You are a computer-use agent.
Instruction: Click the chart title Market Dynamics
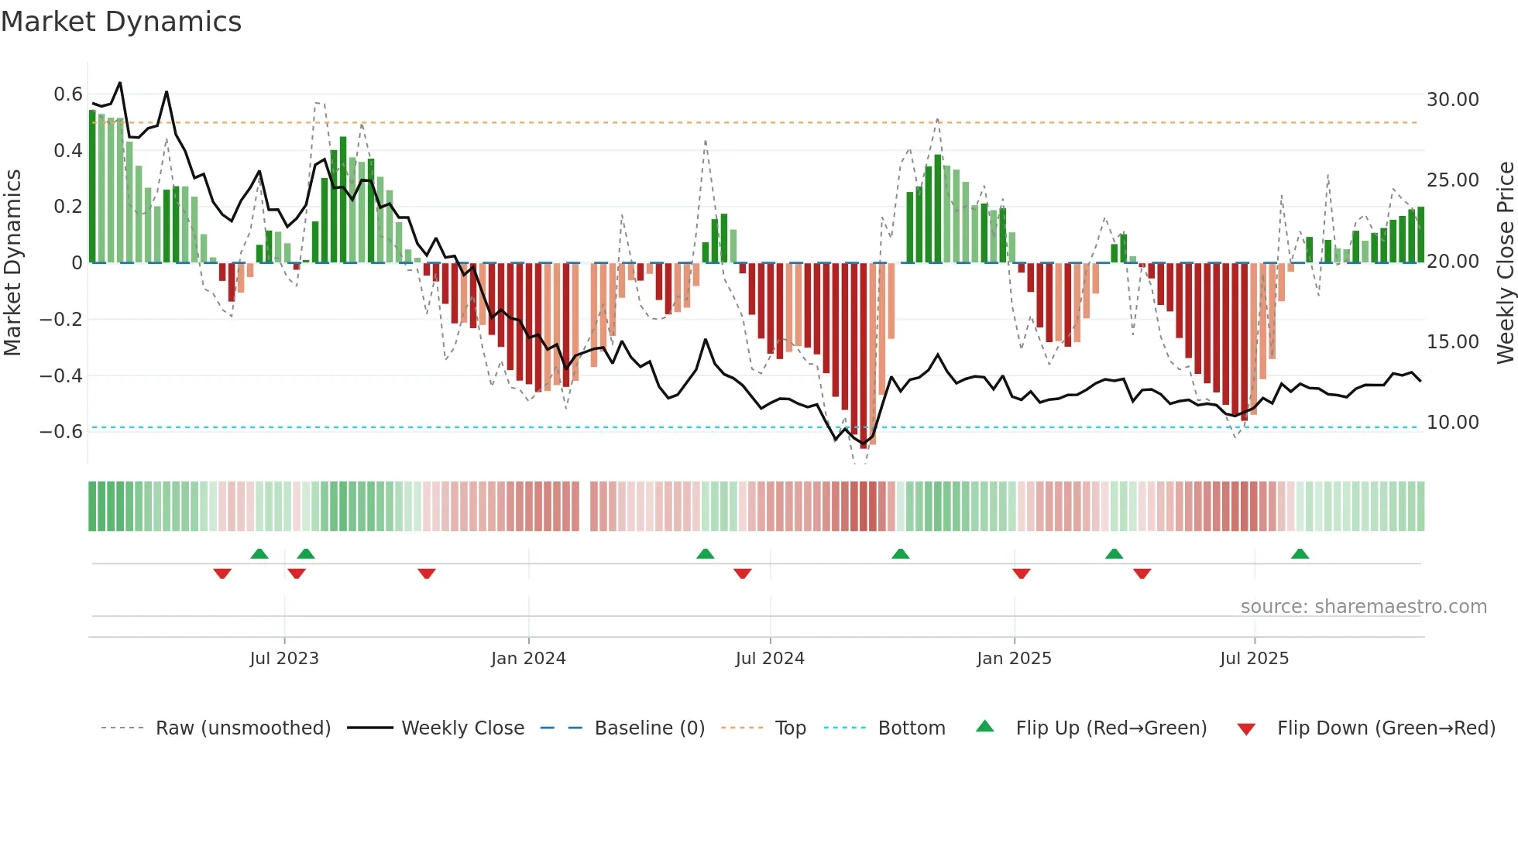[x=122, y=22]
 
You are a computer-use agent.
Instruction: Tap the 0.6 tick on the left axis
[x=68, y=94]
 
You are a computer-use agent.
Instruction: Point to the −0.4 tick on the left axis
[x=61, y=376]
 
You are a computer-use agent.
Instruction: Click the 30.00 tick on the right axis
[x=1452, y=100]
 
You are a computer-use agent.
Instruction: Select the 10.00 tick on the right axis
[x=1452, y=423]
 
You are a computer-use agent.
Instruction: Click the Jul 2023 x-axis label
[x=284, y=659]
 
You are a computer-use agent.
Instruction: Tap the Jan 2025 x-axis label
[x=1014, y=659]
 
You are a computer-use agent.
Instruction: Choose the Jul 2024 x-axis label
[x=770, y=659]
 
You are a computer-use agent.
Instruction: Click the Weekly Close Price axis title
[x=1505, y=263]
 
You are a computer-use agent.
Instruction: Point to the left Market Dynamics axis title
[x=12, y=263]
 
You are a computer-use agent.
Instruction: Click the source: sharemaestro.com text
[x=1363, y=607]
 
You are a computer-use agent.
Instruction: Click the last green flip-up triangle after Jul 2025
[x=1300, y=554]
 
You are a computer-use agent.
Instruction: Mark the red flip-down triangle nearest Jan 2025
[x=1021, y=574]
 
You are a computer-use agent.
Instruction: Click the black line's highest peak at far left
[x=119, y=83]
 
